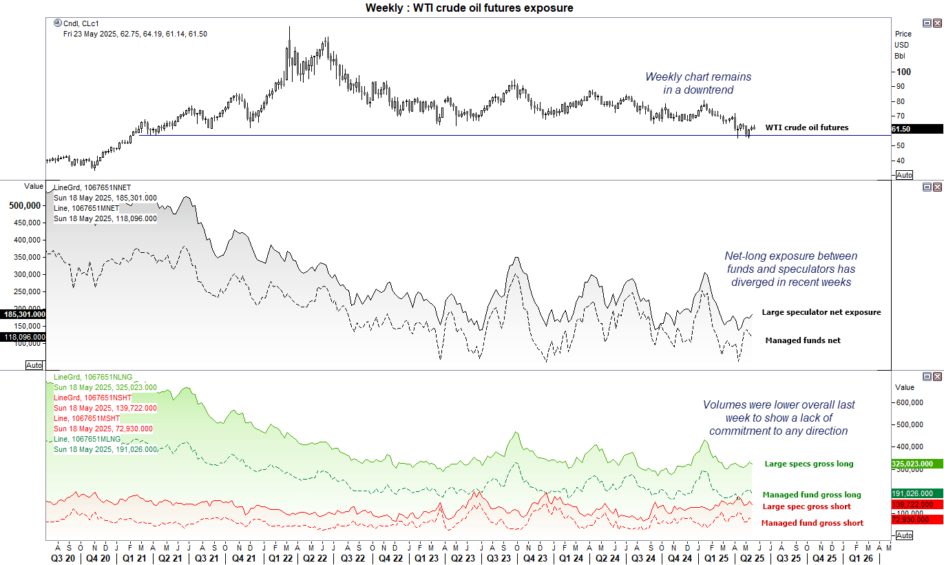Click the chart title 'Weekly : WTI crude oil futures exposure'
(x=469, y=8)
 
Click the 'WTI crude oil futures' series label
(x=806, y=127)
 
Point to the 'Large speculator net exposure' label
(x=821, y=312)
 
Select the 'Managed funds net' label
(x=802, y=340)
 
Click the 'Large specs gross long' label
(x=808, y=464)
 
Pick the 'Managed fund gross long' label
(x=811, y=495)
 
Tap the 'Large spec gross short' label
(x=806, y=506)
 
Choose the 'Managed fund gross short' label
(x=812, y=523)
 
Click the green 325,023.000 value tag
(x=916, y=464)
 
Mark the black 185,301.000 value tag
(x=23, y=314)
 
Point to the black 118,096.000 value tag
(x=23, y=337)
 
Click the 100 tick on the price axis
(x=902, y=72)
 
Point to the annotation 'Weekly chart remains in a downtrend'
(x=698, y=83)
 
